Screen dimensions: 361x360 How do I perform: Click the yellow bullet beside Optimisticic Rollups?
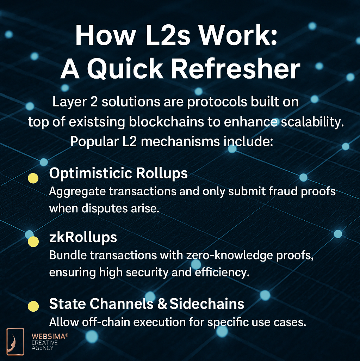pyautogui.click(x=33, y=178)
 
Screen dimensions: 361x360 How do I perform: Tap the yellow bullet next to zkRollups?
pyautogui.click(x=33, y=241)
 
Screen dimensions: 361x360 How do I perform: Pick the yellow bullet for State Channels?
pyautogui.click(x=33, y=306)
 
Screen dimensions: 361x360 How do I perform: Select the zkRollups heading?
pyautogui.click(x=83, y=237)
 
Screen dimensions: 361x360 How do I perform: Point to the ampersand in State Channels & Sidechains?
pyautogui.click(x=162, y=304)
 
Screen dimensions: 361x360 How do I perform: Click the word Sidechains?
pyautogui.click(x=207, y=304)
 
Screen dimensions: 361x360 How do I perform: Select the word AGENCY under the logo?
pyautogui.click(x=42, y=348)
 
